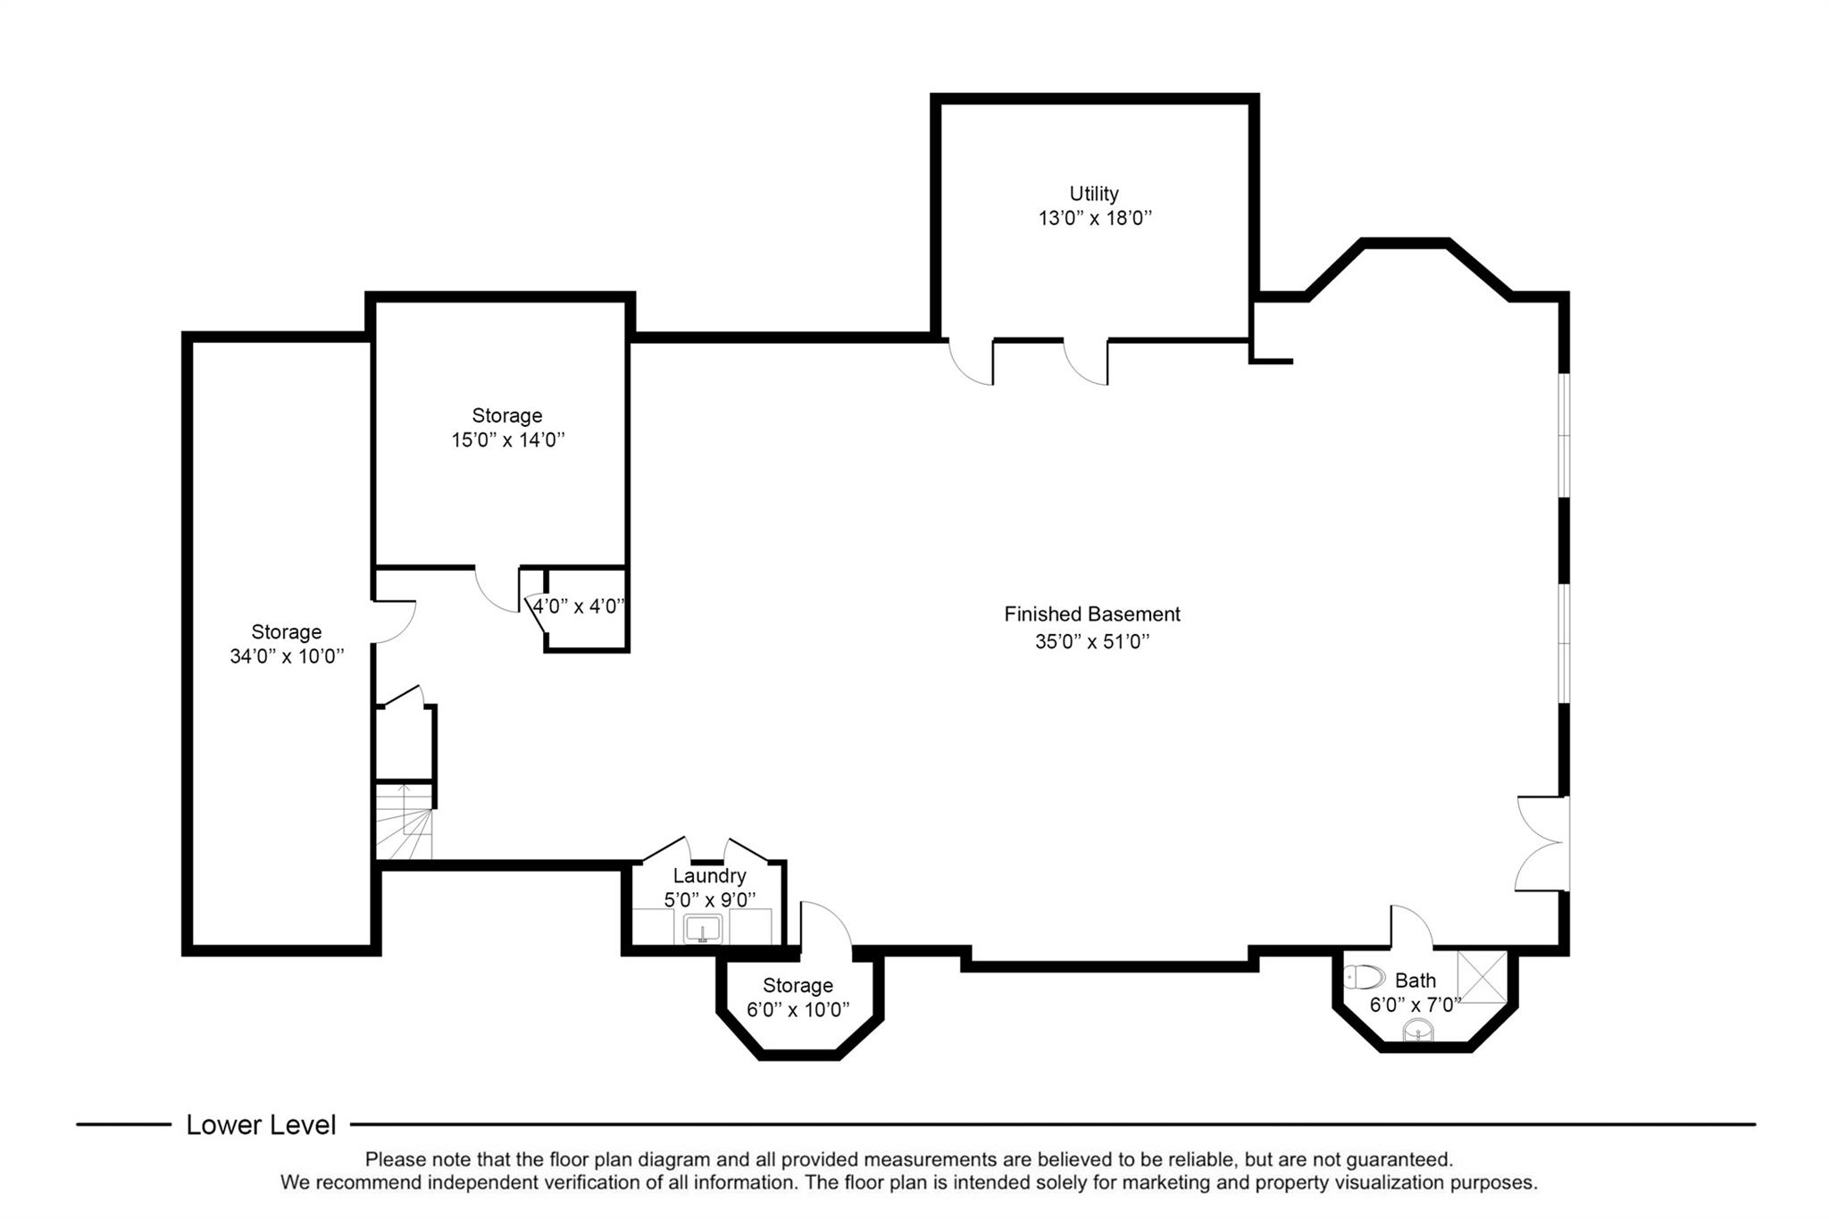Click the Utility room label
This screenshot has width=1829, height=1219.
1094,194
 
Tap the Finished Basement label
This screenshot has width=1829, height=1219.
1092,614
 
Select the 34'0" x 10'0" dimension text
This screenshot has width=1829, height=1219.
287,656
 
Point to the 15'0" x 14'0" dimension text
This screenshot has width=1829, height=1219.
508,440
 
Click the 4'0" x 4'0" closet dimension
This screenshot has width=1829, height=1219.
579,606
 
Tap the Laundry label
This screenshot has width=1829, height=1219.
709,876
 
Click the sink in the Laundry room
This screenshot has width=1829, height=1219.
703,930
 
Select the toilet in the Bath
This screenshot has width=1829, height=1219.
1364,977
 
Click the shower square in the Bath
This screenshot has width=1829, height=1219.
1482,978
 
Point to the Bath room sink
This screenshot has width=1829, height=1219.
1418,1031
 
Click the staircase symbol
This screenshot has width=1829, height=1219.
404,822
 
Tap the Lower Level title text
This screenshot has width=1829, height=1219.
261,1125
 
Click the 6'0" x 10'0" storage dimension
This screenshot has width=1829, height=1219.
798,1010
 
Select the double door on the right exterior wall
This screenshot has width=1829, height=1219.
1541,843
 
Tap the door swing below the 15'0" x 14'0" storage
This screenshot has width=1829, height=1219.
497,590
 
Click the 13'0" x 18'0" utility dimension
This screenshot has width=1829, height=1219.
1095,219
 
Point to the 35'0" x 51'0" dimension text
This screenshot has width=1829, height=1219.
1092,641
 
